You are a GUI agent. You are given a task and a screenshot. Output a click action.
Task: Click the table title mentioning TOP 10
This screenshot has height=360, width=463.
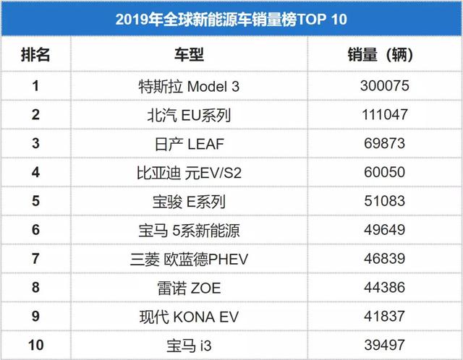231,18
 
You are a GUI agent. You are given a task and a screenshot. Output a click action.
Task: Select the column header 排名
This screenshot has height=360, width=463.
35,54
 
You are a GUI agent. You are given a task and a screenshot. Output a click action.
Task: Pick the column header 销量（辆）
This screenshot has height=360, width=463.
385,54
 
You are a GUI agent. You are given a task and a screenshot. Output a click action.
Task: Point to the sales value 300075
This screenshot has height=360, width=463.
385,86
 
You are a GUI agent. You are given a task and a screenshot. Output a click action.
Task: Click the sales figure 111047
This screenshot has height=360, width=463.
385,115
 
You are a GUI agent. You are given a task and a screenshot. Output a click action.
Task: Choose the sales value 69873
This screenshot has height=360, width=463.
385,144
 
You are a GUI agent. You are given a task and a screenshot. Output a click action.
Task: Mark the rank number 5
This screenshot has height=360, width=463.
35,202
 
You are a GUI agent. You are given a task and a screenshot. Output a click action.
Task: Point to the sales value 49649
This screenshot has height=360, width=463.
385,231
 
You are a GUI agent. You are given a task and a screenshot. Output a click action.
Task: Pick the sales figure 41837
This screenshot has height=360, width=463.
385,317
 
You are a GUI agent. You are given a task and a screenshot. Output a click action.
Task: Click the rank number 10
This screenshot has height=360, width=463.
35,346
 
